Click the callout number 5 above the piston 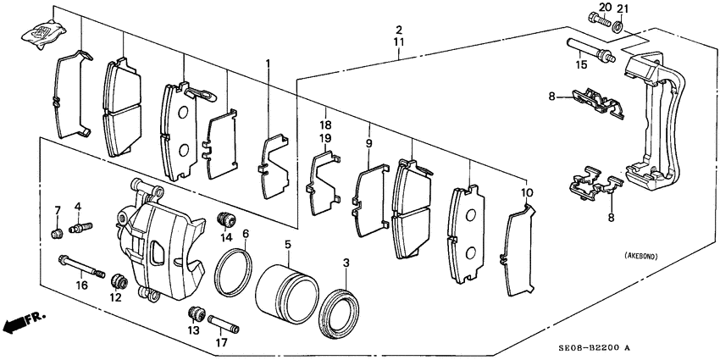coord(287,245)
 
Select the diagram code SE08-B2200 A coord(651,348)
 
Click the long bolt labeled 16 coord(82,270)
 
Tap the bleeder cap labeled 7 coord(56,234)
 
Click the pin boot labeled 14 coord(226,219)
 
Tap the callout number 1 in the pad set coord(269,64)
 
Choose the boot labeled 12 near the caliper coord(119,280)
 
